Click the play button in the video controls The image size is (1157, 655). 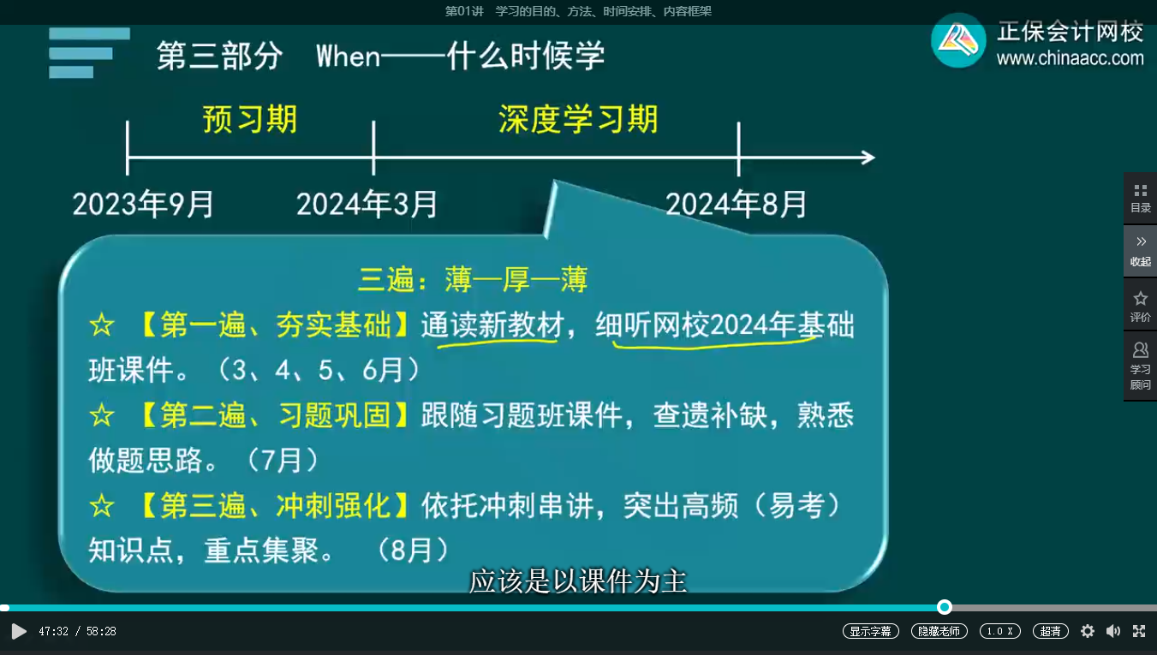click(19, 631)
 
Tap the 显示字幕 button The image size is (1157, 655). click(870, 631)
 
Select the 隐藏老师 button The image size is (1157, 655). click(939, 631)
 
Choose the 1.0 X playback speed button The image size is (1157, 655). click(1000, 631)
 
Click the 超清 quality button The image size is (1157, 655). click(1050, 631)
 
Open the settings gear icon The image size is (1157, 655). click(1088, 631)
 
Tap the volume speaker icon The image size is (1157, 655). click(1113, 631)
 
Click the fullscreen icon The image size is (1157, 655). click(1139, 631)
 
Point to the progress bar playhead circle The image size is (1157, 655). click(945, 607)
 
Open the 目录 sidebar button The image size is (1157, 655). click(1141, 199)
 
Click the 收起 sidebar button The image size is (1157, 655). click(1141, 252)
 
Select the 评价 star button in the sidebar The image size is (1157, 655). click(1141, 306)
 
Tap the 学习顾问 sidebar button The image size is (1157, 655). click(1141, 366)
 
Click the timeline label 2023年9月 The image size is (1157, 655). click(143, 204)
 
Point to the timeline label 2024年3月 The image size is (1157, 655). click(367, 204)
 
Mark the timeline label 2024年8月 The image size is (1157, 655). click(736, 204)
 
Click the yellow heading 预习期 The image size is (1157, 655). click(250, 119)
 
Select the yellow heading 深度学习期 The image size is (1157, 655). click(579, 119)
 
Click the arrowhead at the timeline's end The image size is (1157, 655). click(868, 157)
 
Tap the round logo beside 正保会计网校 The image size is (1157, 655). click(958, 40)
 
